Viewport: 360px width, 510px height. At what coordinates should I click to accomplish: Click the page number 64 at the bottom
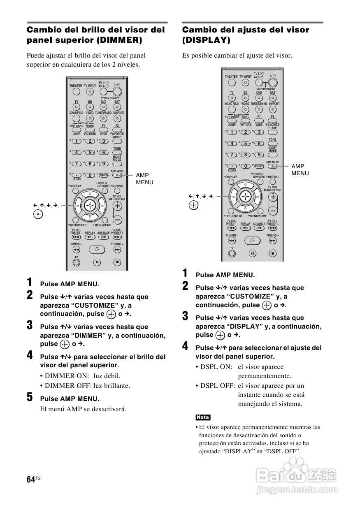pos(30,480)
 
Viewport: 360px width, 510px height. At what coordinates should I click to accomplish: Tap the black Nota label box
pos(203,417)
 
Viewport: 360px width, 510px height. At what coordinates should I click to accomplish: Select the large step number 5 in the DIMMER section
pos(30,397)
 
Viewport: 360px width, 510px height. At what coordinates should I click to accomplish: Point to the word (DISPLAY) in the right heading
pos(206,40)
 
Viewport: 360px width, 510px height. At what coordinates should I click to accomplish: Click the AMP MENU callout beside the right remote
pos(300,169)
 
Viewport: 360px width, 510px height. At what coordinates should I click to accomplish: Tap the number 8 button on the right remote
pos(246,155)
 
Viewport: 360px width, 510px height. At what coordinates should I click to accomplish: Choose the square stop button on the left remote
pos(118,262)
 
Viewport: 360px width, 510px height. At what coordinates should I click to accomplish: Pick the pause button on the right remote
pos(253,253)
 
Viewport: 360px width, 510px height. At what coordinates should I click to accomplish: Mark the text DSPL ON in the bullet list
pos(216,367)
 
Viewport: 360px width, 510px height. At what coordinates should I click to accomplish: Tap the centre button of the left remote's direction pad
pos(89,204)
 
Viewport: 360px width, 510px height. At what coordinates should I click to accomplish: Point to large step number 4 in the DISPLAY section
pos(186,346)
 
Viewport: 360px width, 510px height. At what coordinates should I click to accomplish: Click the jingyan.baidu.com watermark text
pos(296,490)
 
